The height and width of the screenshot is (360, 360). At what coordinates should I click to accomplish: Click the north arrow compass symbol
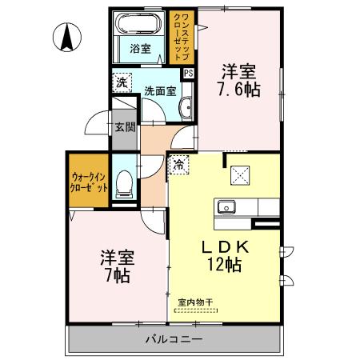click(x=67, y=37)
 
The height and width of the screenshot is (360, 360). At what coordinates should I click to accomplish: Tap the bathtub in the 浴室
click(x=138, y=23)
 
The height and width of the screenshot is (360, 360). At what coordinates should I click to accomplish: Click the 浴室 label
click(x=141, y=49)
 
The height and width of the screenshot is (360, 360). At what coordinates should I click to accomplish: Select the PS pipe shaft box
click(x=189, y=73)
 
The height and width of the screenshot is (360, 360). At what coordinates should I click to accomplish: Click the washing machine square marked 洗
click(x=122, y=82)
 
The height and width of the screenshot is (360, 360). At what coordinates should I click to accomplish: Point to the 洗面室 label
click(x=160, y=91)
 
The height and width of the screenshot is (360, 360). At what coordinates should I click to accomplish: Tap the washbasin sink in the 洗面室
click(x=186, y=108)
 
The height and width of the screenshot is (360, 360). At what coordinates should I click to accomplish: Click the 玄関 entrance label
click(x=125, y=127)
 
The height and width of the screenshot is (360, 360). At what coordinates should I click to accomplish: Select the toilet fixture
click(x=124, y=184)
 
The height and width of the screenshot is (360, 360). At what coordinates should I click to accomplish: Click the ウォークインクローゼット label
click(x=89, y=182)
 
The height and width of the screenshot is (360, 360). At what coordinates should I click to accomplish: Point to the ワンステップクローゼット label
click(x=182, y=37)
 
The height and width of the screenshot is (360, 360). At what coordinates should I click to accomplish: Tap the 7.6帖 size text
click(x=239, y=90)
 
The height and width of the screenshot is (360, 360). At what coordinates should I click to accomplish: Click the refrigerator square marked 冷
click(x=179, y=165)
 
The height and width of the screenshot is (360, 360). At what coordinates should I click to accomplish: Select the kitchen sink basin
click(x=226, y=206)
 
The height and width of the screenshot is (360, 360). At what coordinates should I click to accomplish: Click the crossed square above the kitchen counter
click(x=240, y=175)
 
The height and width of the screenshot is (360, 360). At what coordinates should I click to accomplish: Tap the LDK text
click(x=226, y=247)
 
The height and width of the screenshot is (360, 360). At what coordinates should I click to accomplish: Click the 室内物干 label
click(x=195, y=302)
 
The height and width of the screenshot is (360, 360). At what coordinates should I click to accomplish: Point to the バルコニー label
click(x=174, y=339)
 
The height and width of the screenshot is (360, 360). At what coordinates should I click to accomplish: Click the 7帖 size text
click(x=118, y=276)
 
